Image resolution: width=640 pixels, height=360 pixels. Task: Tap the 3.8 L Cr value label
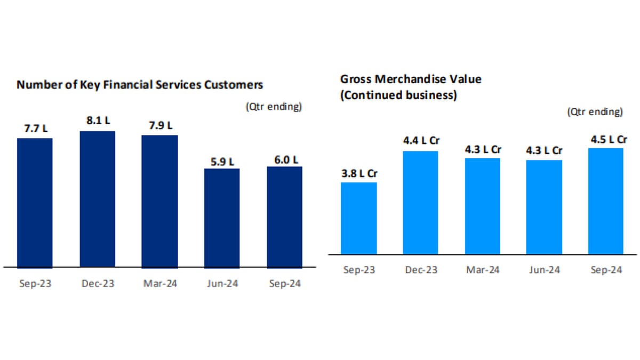(x=358, y=174)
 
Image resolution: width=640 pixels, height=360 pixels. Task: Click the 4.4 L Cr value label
(x=420, y=142)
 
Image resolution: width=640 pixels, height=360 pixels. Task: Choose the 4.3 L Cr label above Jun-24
(x=544, y=151)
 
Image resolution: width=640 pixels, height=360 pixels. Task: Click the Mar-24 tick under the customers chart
(x=159, y=284)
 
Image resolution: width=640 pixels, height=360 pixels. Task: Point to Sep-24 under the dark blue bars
(x=284, y=284)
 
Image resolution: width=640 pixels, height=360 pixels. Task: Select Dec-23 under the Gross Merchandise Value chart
(x=420, y=270)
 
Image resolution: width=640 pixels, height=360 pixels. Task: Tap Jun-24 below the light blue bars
(x=544, y=270)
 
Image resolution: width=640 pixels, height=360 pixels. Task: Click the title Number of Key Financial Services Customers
(x=140, y=85)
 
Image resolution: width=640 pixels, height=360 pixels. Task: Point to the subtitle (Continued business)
(x=398, y=96)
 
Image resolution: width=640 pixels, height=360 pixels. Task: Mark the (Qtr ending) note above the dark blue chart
(x=274, y=106)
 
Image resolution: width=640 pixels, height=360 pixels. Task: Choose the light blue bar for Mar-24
(x=482, y=205)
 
